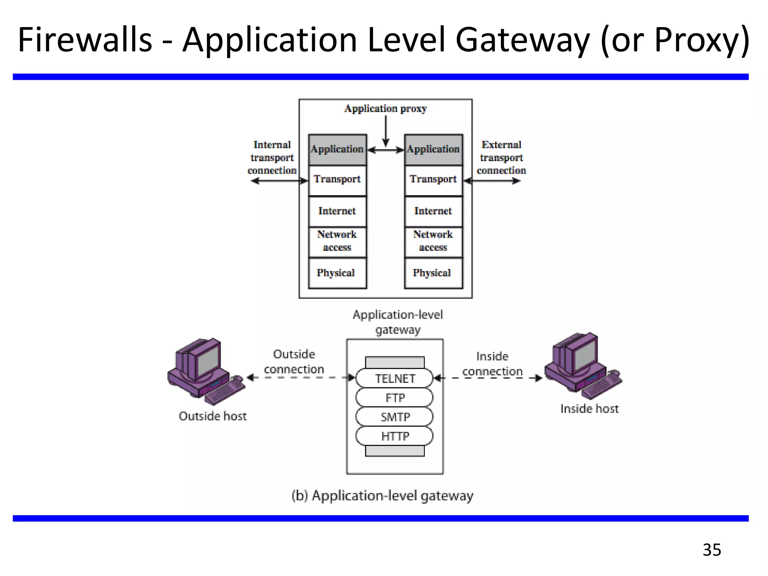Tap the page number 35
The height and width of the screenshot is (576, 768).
click(711, 550)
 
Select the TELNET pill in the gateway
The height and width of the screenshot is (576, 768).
click(394, 378)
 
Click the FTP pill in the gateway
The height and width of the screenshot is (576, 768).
click(394, 397)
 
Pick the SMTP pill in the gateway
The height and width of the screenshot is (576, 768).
click(394, 417)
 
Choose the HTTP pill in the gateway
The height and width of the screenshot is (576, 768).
click(394, 436)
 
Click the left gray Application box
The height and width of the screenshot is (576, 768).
click(337, 150)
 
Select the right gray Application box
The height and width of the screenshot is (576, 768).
click(433, 150)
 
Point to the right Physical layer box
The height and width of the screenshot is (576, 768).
click(433, 273)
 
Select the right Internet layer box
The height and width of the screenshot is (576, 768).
click(433, 211)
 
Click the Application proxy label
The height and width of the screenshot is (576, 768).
click(385, 109)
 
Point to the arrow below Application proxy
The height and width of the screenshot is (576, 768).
click(385, 131)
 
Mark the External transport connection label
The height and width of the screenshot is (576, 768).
click(501, 157)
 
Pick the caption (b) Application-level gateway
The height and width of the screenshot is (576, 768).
click(382, 496)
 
